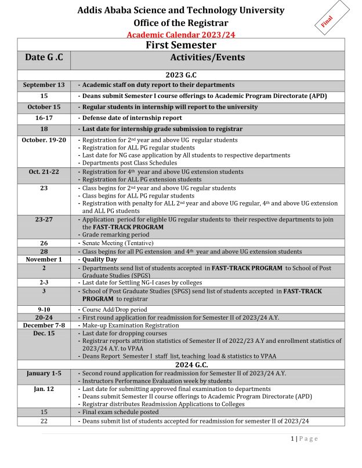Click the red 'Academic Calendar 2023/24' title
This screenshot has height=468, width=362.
[180, 35]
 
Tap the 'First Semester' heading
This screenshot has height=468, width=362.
[180, 45]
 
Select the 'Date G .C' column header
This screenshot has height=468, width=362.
[44, 57]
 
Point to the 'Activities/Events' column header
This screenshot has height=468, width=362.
[207, 57]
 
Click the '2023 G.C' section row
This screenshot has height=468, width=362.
[180, 74]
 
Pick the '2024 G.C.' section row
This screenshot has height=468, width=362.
[180, 365]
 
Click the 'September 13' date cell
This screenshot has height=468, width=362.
[44, 85]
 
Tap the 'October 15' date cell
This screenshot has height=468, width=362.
[44, 107]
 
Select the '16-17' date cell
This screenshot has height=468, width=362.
[44, 118]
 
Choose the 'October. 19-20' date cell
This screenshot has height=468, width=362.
[44, 140]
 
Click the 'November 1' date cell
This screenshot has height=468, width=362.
[44, 259]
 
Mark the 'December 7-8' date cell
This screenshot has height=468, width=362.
[44, 326]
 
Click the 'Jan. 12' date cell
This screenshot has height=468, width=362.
[44, 389]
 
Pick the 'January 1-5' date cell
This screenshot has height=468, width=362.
[44, 374]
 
